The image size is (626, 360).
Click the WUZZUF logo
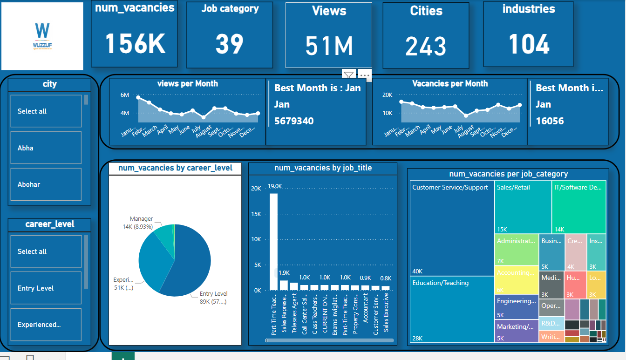coord(42,36)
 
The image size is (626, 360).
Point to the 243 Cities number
coord(426,46)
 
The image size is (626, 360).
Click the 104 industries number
coord(529,44)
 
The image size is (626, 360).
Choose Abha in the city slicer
coord(46,148)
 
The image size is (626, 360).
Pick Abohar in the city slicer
coord(46,184)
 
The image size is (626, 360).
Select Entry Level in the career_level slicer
coord(46,288)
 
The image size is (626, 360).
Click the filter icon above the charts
coord(349,75)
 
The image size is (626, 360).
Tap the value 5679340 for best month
coord(294,121)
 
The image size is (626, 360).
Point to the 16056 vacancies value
coord(550,121)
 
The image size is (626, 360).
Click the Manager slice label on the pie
coord(141,219)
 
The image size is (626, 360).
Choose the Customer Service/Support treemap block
coord(452,228)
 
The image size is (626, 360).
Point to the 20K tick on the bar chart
coord(256,189)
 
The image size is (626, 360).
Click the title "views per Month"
coord(187,84)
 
